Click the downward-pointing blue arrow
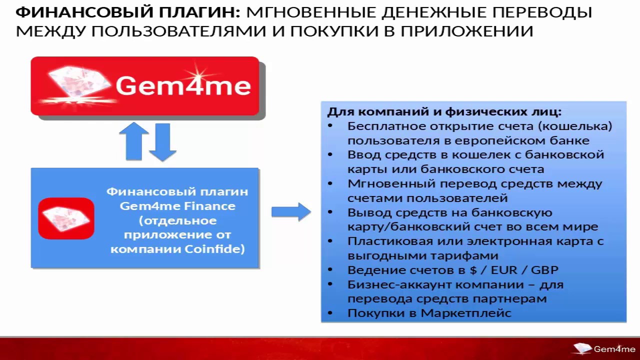(162, 142)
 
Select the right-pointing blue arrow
(291, 212)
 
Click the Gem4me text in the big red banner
(183, 85)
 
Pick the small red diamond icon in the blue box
(66, 218)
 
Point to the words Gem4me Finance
(177, 205)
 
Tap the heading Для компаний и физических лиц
(444, 111)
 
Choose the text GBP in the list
(544, 270)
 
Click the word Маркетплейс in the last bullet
(466, 313)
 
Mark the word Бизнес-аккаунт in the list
(389, 284)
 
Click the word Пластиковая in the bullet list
(386, 241)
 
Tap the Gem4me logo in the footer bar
(604, 349)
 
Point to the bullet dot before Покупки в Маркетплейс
(330, 313)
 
